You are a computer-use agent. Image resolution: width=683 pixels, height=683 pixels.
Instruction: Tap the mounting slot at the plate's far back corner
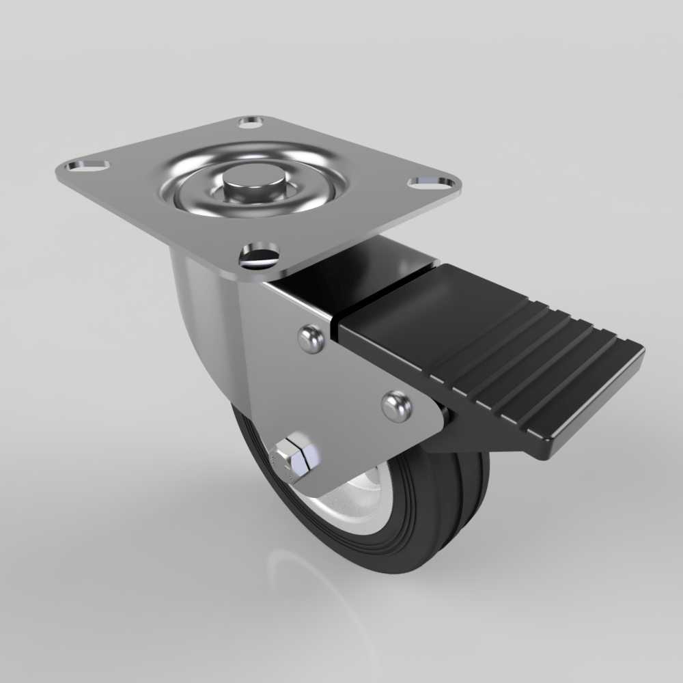pyautogui.click(x=251, y=124)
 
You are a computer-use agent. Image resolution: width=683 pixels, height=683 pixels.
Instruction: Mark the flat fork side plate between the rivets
pyautogui.click(x=348, y=382)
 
